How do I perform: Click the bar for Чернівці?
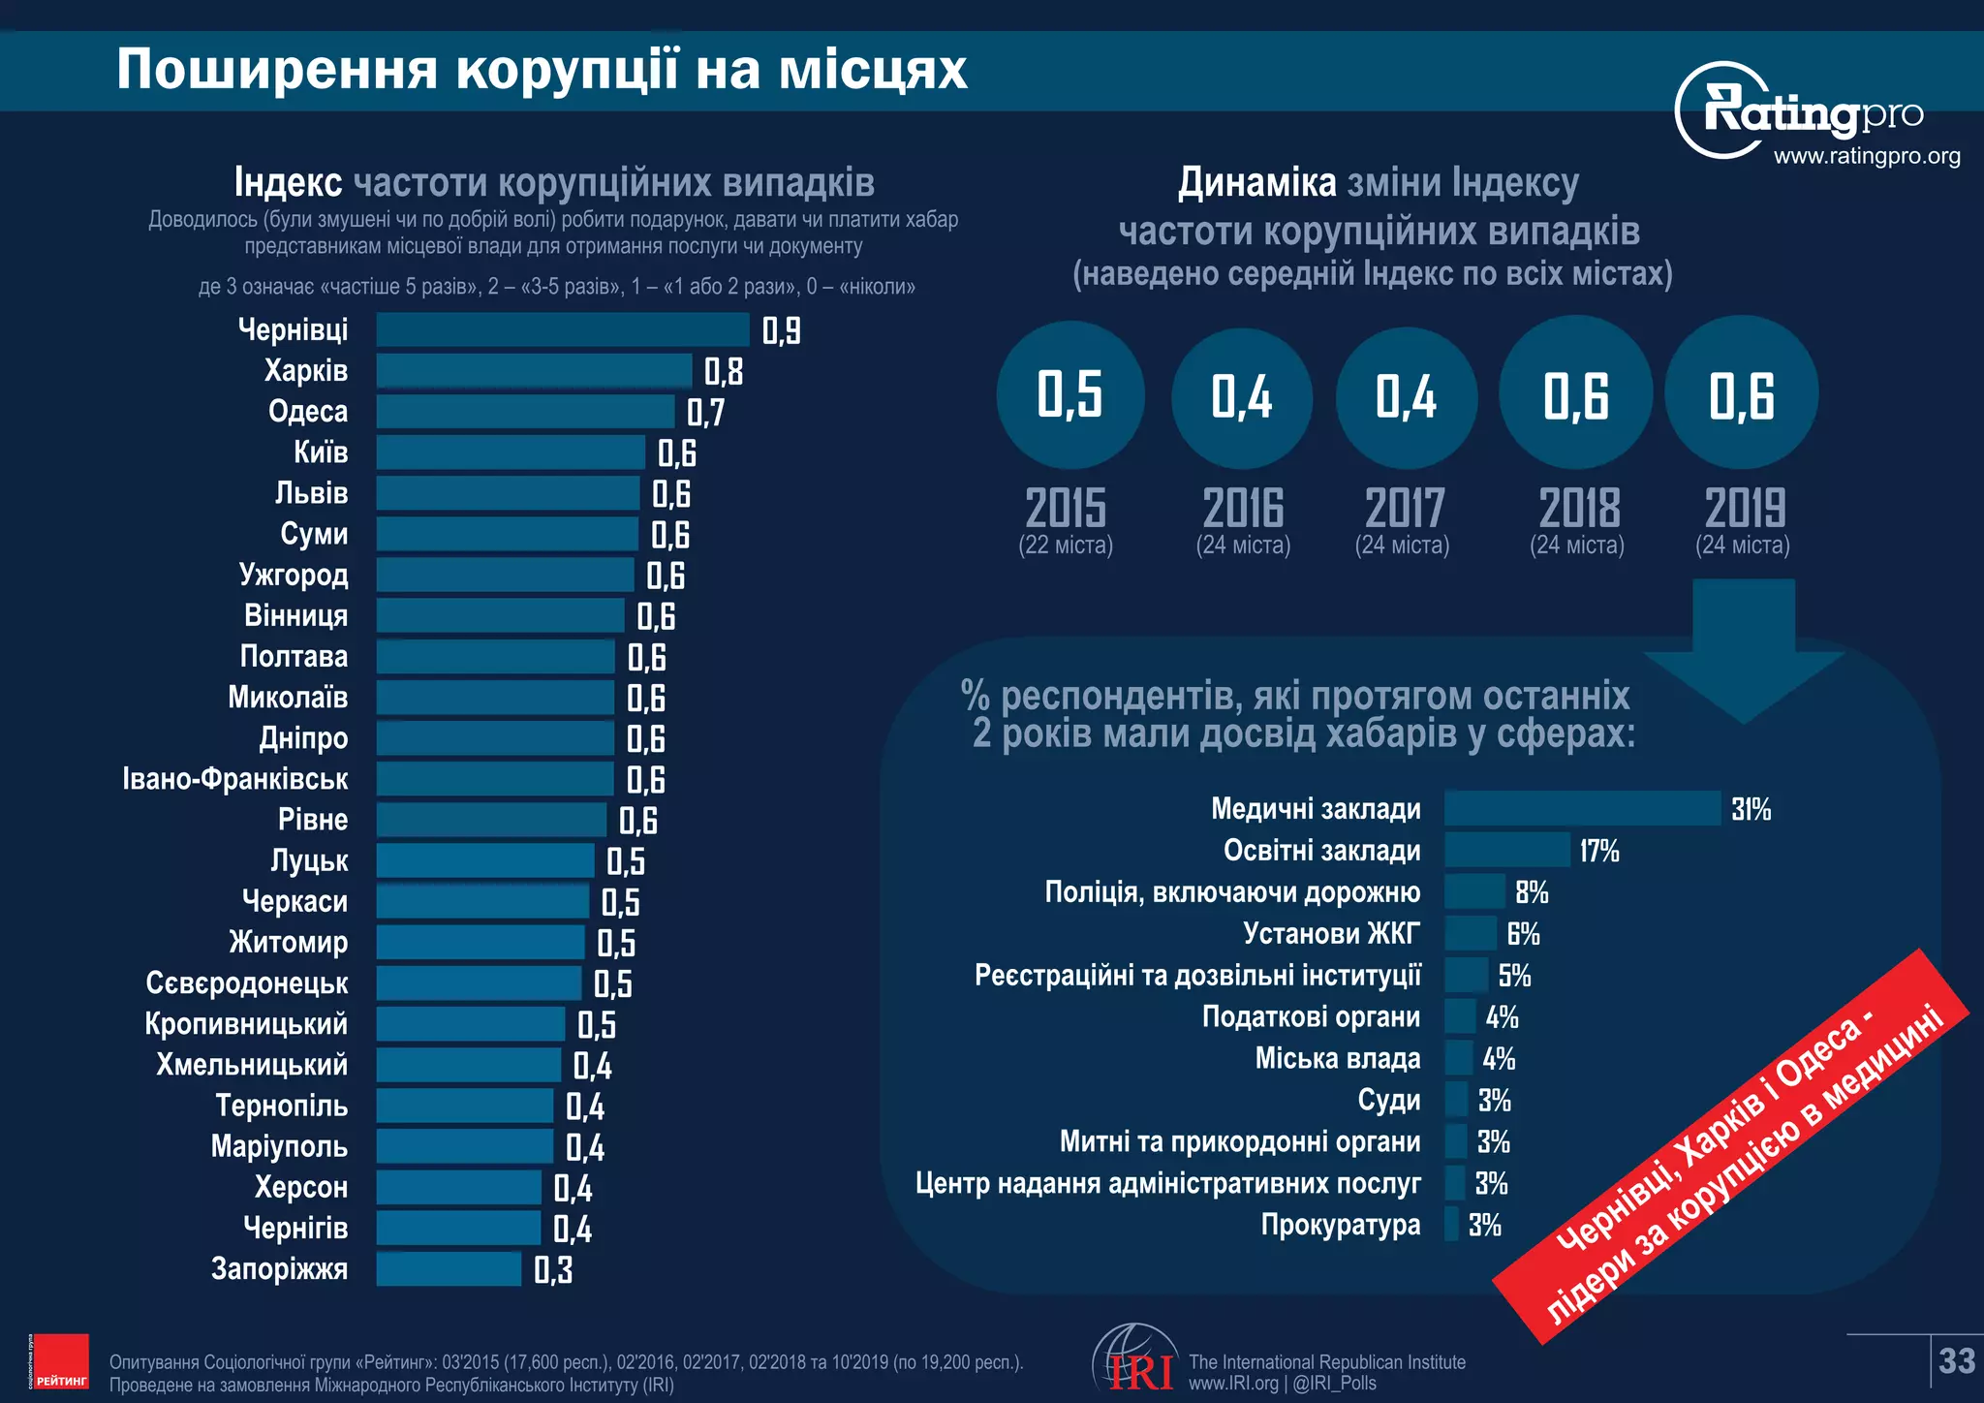(x=562, y=329)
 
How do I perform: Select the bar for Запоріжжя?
(x=449, y=1269)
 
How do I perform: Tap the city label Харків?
(x=306, y=371)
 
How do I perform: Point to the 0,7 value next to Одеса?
(x=705, y=413)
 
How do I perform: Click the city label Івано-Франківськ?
(x=235, y=779)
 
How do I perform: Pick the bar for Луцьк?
(x=485, y=860)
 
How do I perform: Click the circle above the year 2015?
(x=1069, y=395)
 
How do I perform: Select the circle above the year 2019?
(x=1741, y=393)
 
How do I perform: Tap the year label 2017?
(x=1404, y=508)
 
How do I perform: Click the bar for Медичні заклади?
(x=1582, y=808)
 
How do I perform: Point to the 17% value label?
(x=1599, y=851)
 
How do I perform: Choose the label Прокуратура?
(x=1341, y=1225)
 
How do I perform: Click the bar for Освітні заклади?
(x=1506, y=850)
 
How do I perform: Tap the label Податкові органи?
(x=1311, y=1016)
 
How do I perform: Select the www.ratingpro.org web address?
(x=1866, y=156)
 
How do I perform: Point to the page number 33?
(x=1957, y=1361)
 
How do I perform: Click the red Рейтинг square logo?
(x=59, y=1361)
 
